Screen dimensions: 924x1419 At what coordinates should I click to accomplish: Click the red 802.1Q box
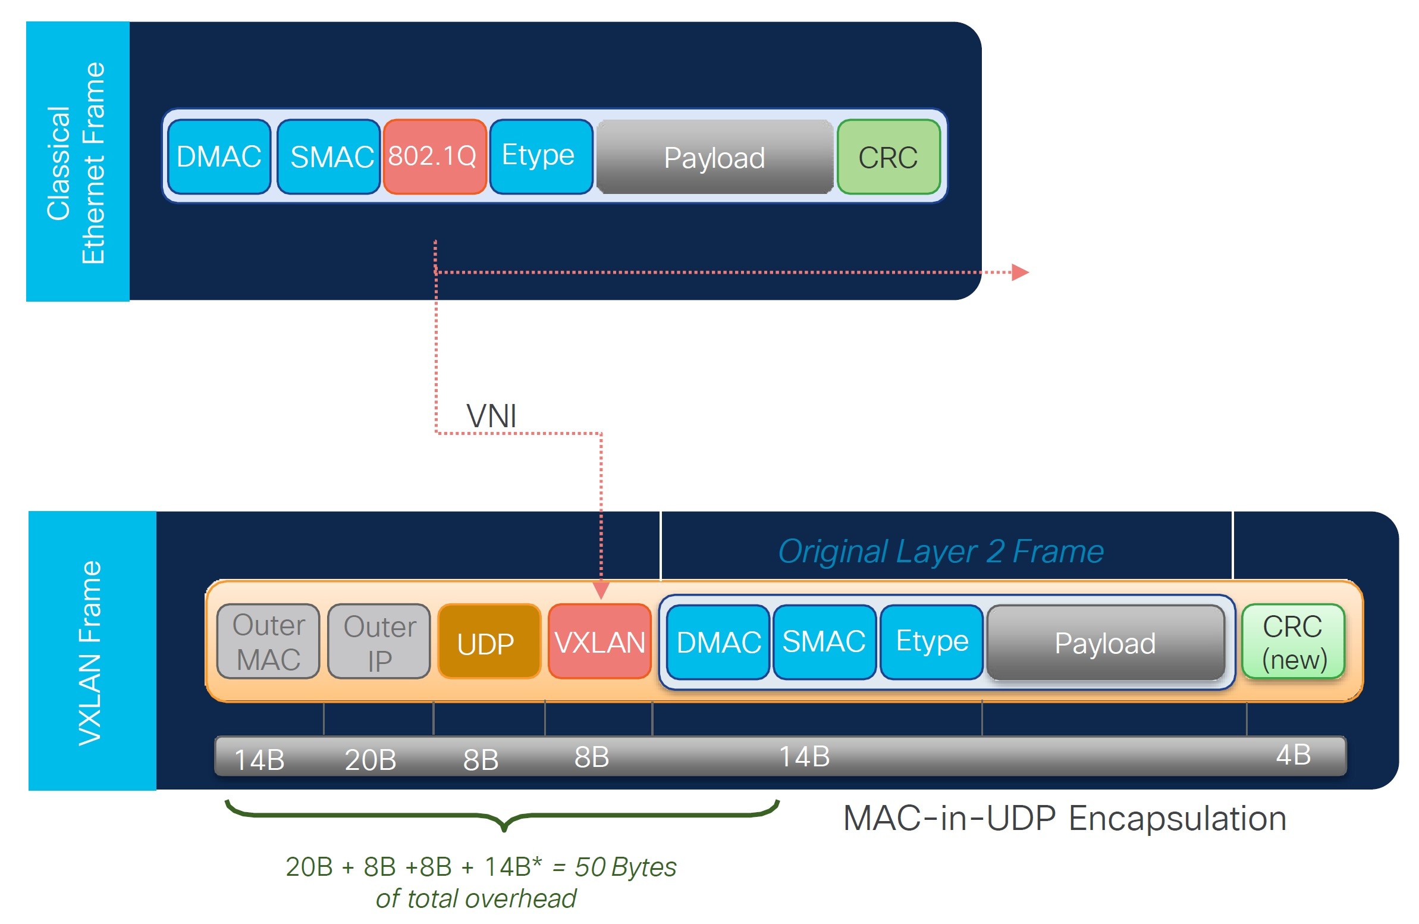coord(434,157)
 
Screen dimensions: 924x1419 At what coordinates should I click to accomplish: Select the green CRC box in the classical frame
coord(888,157)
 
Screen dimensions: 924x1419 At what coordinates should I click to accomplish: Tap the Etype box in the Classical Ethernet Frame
coord(540,157)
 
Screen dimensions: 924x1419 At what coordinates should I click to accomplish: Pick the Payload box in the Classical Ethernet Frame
coord(714,158)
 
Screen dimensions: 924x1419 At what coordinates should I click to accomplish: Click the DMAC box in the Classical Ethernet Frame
coord(219,157)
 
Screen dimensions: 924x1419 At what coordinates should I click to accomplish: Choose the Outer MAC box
coord(268,642)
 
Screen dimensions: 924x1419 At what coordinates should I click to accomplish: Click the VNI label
coord(491,416)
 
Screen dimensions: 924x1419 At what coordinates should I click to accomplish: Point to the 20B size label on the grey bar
coord(371,759)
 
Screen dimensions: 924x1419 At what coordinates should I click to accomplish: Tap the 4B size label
coord(1292,754)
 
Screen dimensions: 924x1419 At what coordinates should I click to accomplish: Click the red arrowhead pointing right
coord(1020,272)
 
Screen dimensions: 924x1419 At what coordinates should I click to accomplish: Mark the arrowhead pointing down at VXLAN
coord(601,591)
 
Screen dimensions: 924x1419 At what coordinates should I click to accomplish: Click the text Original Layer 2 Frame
coord(940,551)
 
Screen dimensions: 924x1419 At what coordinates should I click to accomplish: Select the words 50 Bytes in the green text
coord(625,867)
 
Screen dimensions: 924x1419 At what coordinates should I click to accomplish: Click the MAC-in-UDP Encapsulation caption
coord(1065,818)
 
